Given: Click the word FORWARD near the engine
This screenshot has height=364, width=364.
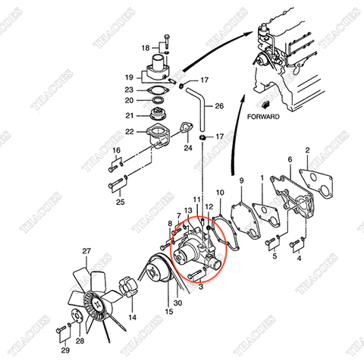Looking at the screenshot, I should coord(263,118).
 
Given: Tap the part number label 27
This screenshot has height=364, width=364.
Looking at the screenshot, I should coord(86,251).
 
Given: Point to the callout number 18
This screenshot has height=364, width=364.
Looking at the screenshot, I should coord(146,48).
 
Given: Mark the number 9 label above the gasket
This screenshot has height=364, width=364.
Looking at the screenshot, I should coord(241,180).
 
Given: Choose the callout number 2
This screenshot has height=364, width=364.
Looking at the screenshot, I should coord(306,151).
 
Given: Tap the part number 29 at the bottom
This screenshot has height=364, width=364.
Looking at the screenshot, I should coord(64,350).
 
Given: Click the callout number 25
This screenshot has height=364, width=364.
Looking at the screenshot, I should coord(120,202).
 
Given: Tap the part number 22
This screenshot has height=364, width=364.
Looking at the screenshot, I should coord(129,132).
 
